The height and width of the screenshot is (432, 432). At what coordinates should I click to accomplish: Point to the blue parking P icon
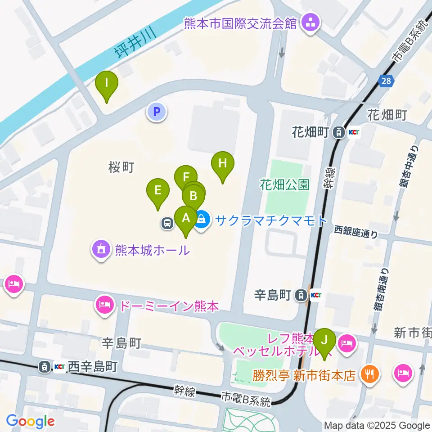(157, 112)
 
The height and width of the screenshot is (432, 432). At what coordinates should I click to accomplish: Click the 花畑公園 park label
(284, 184)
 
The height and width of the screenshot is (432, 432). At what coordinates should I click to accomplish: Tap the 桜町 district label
(121, 167)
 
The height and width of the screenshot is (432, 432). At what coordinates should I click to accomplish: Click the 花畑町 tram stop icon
(337, 133)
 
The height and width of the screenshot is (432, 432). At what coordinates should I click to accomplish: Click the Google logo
(31, 421)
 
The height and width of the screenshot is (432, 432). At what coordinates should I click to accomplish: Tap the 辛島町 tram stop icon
(299, 295)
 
